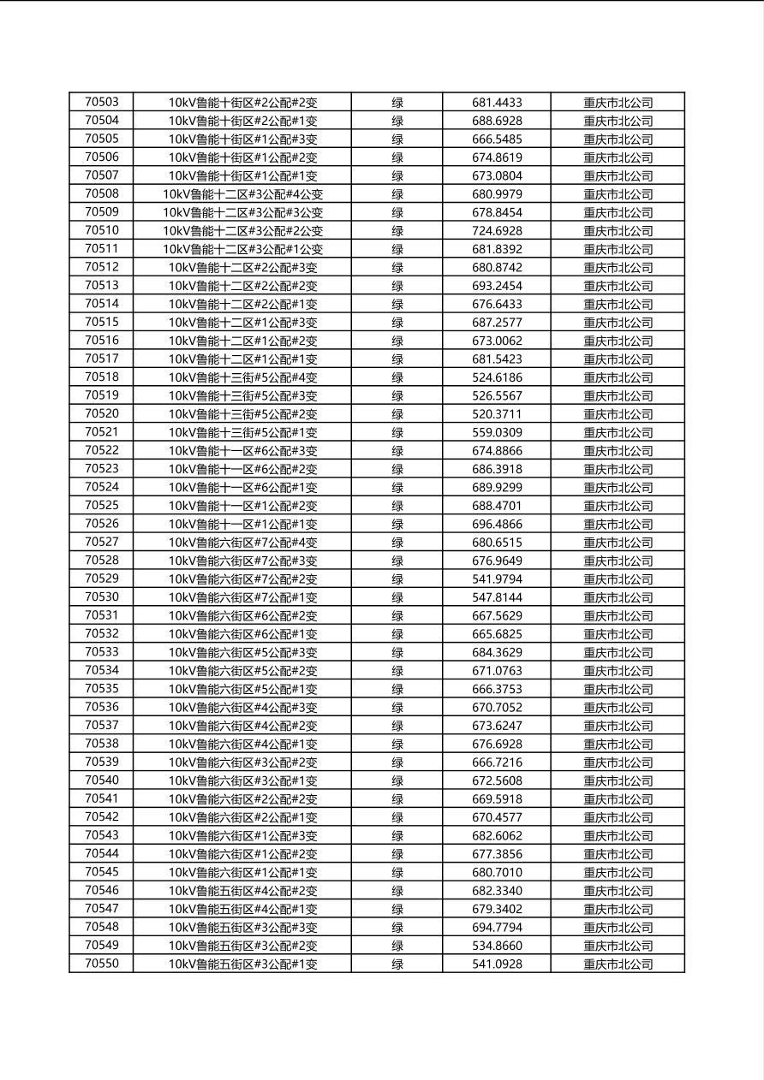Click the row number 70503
102,102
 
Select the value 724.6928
497,230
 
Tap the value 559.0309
497,432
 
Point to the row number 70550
102,964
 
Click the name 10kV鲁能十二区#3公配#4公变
242,194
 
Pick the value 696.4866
497,524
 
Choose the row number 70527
102,542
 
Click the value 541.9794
497,579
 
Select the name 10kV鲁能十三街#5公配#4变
242,377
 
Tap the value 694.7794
497,927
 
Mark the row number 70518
102,377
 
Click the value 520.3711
497,413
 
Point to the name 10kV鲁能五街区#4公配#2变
242,890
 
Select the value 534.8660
497,945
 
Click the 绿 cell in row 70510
397,230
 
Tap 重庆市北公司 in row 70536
618,707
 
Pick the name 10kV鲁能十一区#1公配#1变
242,524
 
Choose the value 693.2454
497,285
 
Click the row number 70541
102,798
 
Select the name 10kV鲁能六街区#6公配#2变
242,615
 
